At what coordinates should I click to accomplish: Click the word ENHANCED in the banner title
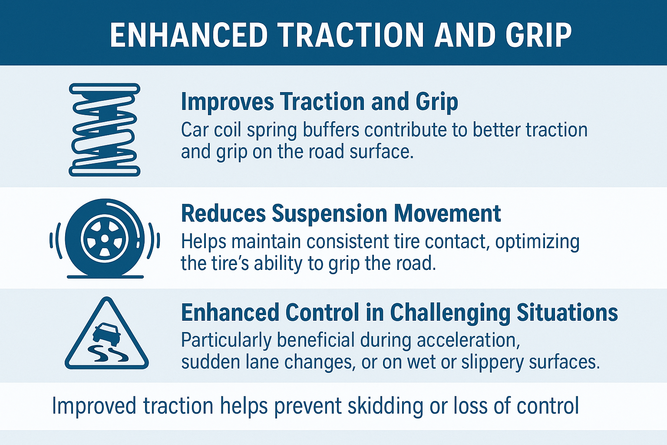coord(188,36)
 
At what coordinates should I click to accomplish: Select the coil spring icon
coord(105,130)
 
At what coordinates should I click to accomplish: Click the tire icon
coord(105,239)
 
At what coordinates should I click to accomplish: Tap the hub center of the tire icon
coord(105,239)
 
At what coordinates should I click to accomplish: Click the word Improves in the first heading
coord(227,102)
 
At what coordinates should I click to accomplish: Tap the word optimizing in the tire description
coord(538,242)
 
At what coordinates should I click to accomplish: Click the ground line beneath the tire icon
coord(106,277)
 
